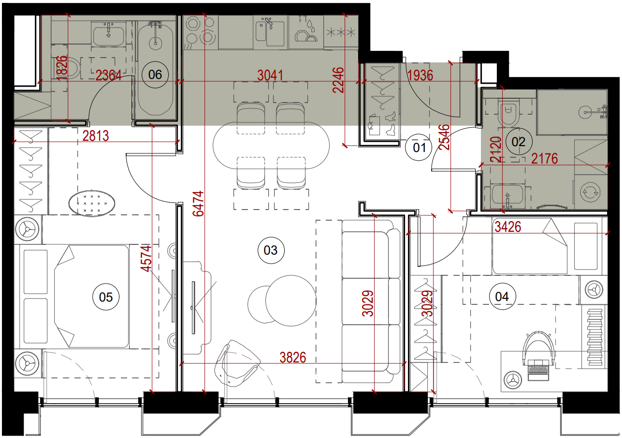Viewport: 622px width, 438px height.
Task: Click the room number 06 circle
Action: point(155,75)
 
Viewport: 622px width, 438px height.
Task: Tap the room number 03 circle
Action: point(271,250)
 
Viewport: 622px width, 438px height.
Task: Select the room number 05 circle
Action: point(106,297)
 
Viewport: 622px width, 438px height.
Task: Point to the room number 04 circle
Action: point(502,297)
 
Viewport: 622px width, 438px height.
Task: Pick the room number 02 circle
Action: point(518,142)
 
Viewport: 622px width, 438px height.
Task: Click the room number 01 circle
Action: point(419,148)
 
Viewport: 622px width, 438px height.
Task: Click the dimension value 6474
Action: point(199,204)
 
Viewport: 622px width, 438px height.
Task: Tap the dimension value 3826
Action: point(293,358)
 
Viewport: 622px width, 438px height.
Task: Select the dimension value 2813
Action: point(96,136)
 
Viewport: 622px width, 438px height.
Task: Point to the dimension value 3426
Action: point(508,227)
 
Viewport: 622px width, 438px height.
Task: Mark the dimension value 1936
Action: point(420,76)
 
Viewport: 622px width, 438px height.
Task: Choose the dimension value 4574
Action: point(146,258)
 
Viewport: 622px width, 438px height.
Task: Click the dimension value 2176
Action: point(545,159)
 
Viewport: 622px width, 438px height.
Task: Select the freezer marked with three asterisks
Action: point(341,32)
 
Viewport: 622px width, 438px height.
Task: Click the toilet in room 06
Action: point(66,68)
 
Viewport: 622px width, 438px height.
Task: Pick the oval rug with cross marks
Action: point(92,202)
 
